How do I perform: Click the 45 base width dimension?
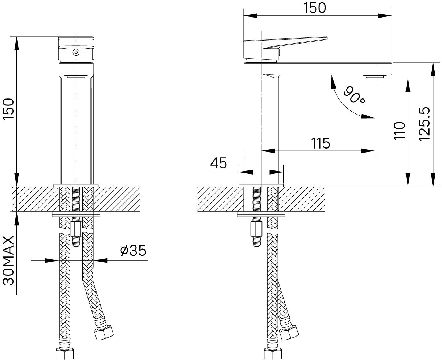coord(218,163)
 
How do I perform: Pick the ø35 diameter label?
coord(133,251)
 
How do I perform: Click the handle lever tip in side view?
coord(325,38)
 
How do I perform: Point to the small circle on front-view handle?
coord(76,52)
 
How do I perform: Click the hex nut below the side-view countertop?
coord(256,229)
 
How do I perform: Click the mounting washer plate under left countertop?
coord(76,214)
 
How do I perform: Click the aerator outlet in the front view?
coord(76,76)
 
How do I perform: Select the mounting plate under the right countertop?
coord(261,214)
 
